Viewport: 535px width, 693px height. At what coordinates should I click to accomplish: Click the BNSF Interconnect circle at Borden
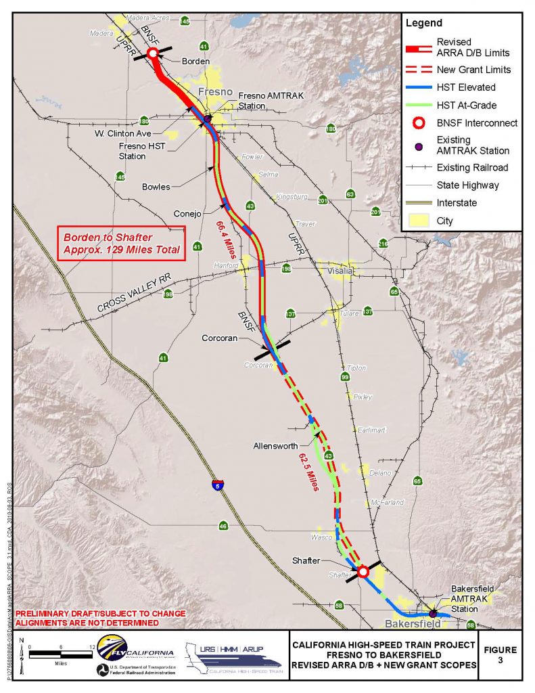coord(153,52)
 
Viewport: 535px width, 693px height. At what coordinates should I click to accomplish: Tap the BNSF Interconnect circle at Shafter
coord(363,572)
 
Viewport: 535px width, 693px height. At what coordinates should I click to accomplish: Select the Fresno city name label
coord(215,92)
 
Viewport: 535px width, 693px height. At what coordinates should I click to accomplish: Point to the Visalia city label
coord(340,271)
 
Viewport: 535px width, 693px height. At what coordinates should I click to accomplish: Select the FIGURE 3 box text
coord(500,655)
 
